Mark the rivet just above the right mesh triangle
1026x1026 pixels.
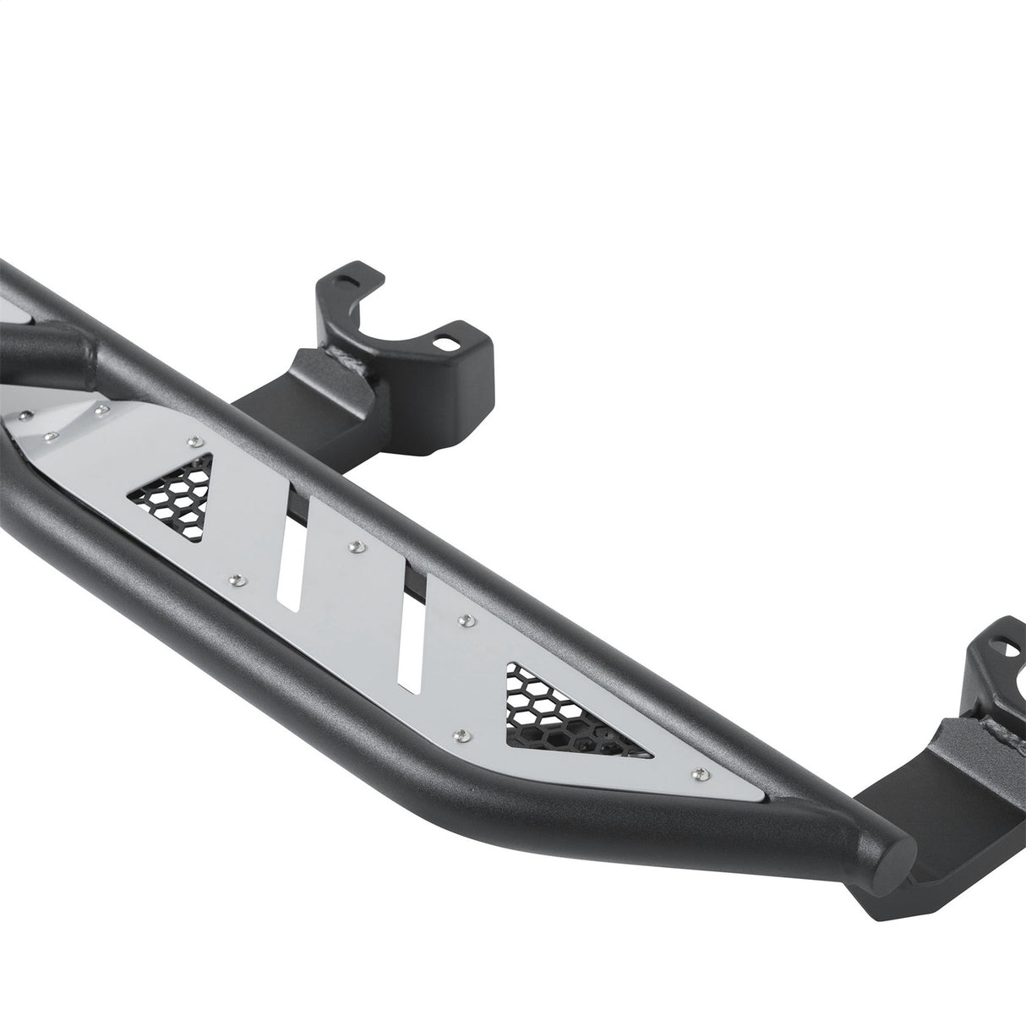click(464, 621)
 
